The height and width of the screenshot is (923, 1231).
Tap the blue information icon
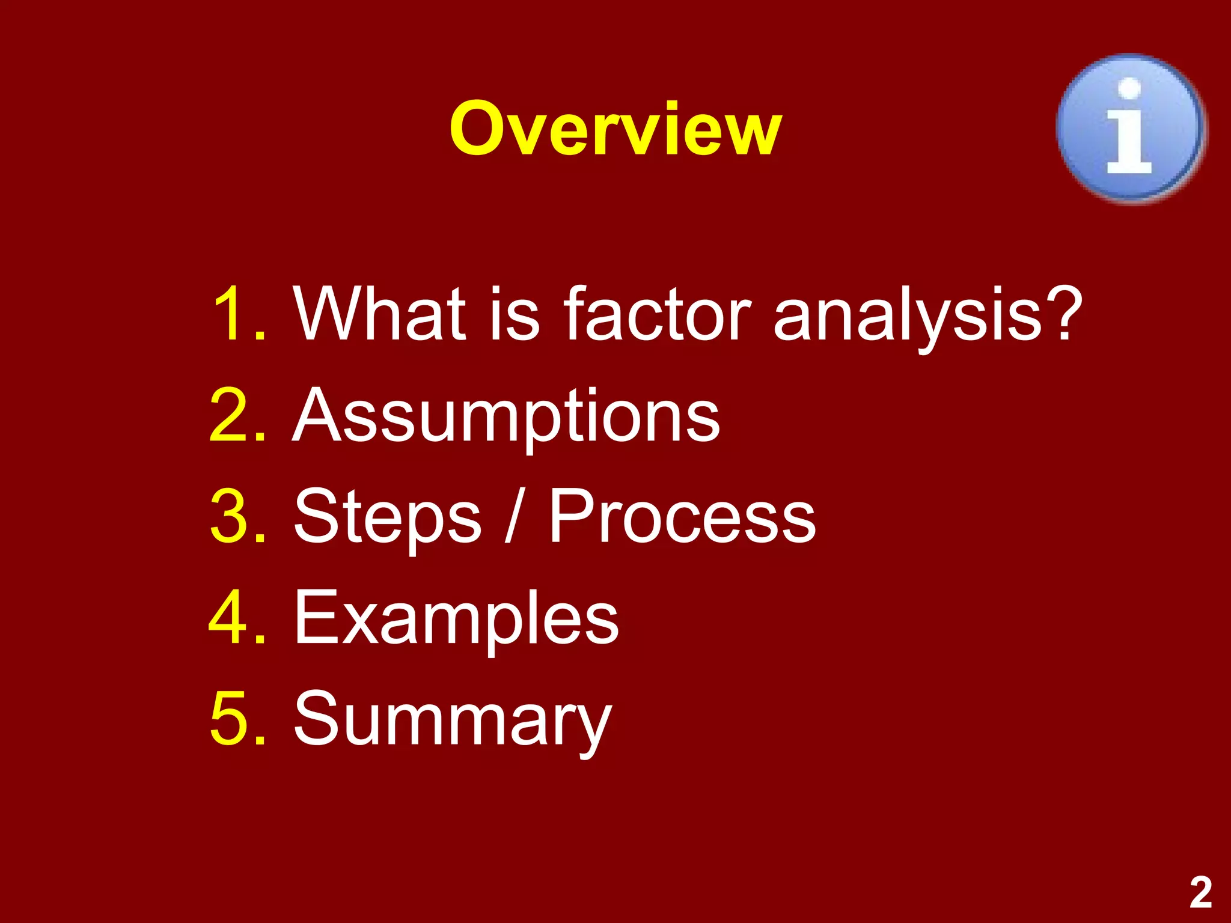pyautogui.click(x=1131, y=129)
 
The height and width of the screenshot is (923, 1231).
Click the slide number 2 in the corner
pyautogui.click(x=1200, y=892)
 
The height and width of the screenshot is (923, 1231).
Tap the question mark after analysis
pyautogui.click(x=1062, y=314)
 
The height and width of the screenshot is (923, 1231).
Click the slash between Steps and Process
pyautogui.click(x=513, y=517)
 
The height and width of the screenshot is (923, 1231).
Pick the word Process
pyautogui.click(x=682, y=517)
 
